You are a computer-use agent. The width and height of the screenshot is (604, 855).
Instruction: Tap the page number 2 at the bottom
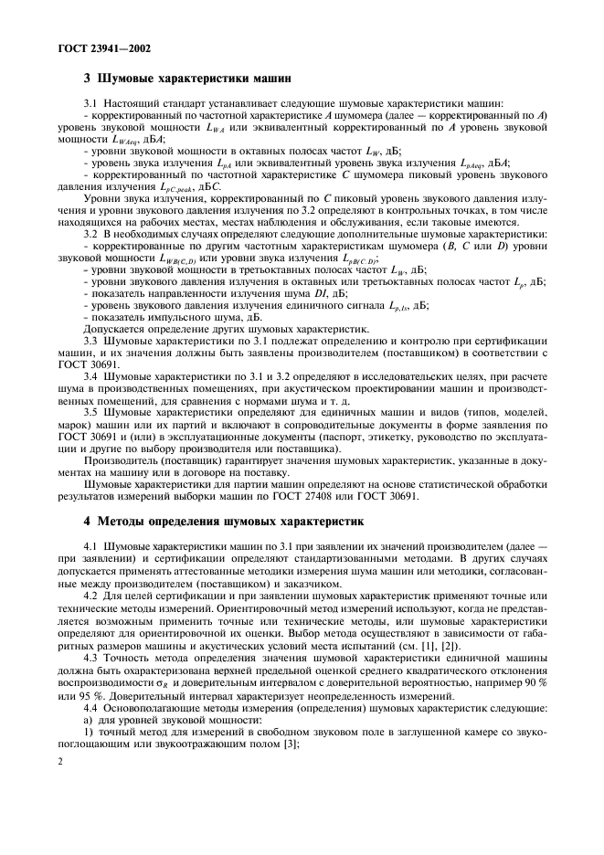point(59,782)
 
